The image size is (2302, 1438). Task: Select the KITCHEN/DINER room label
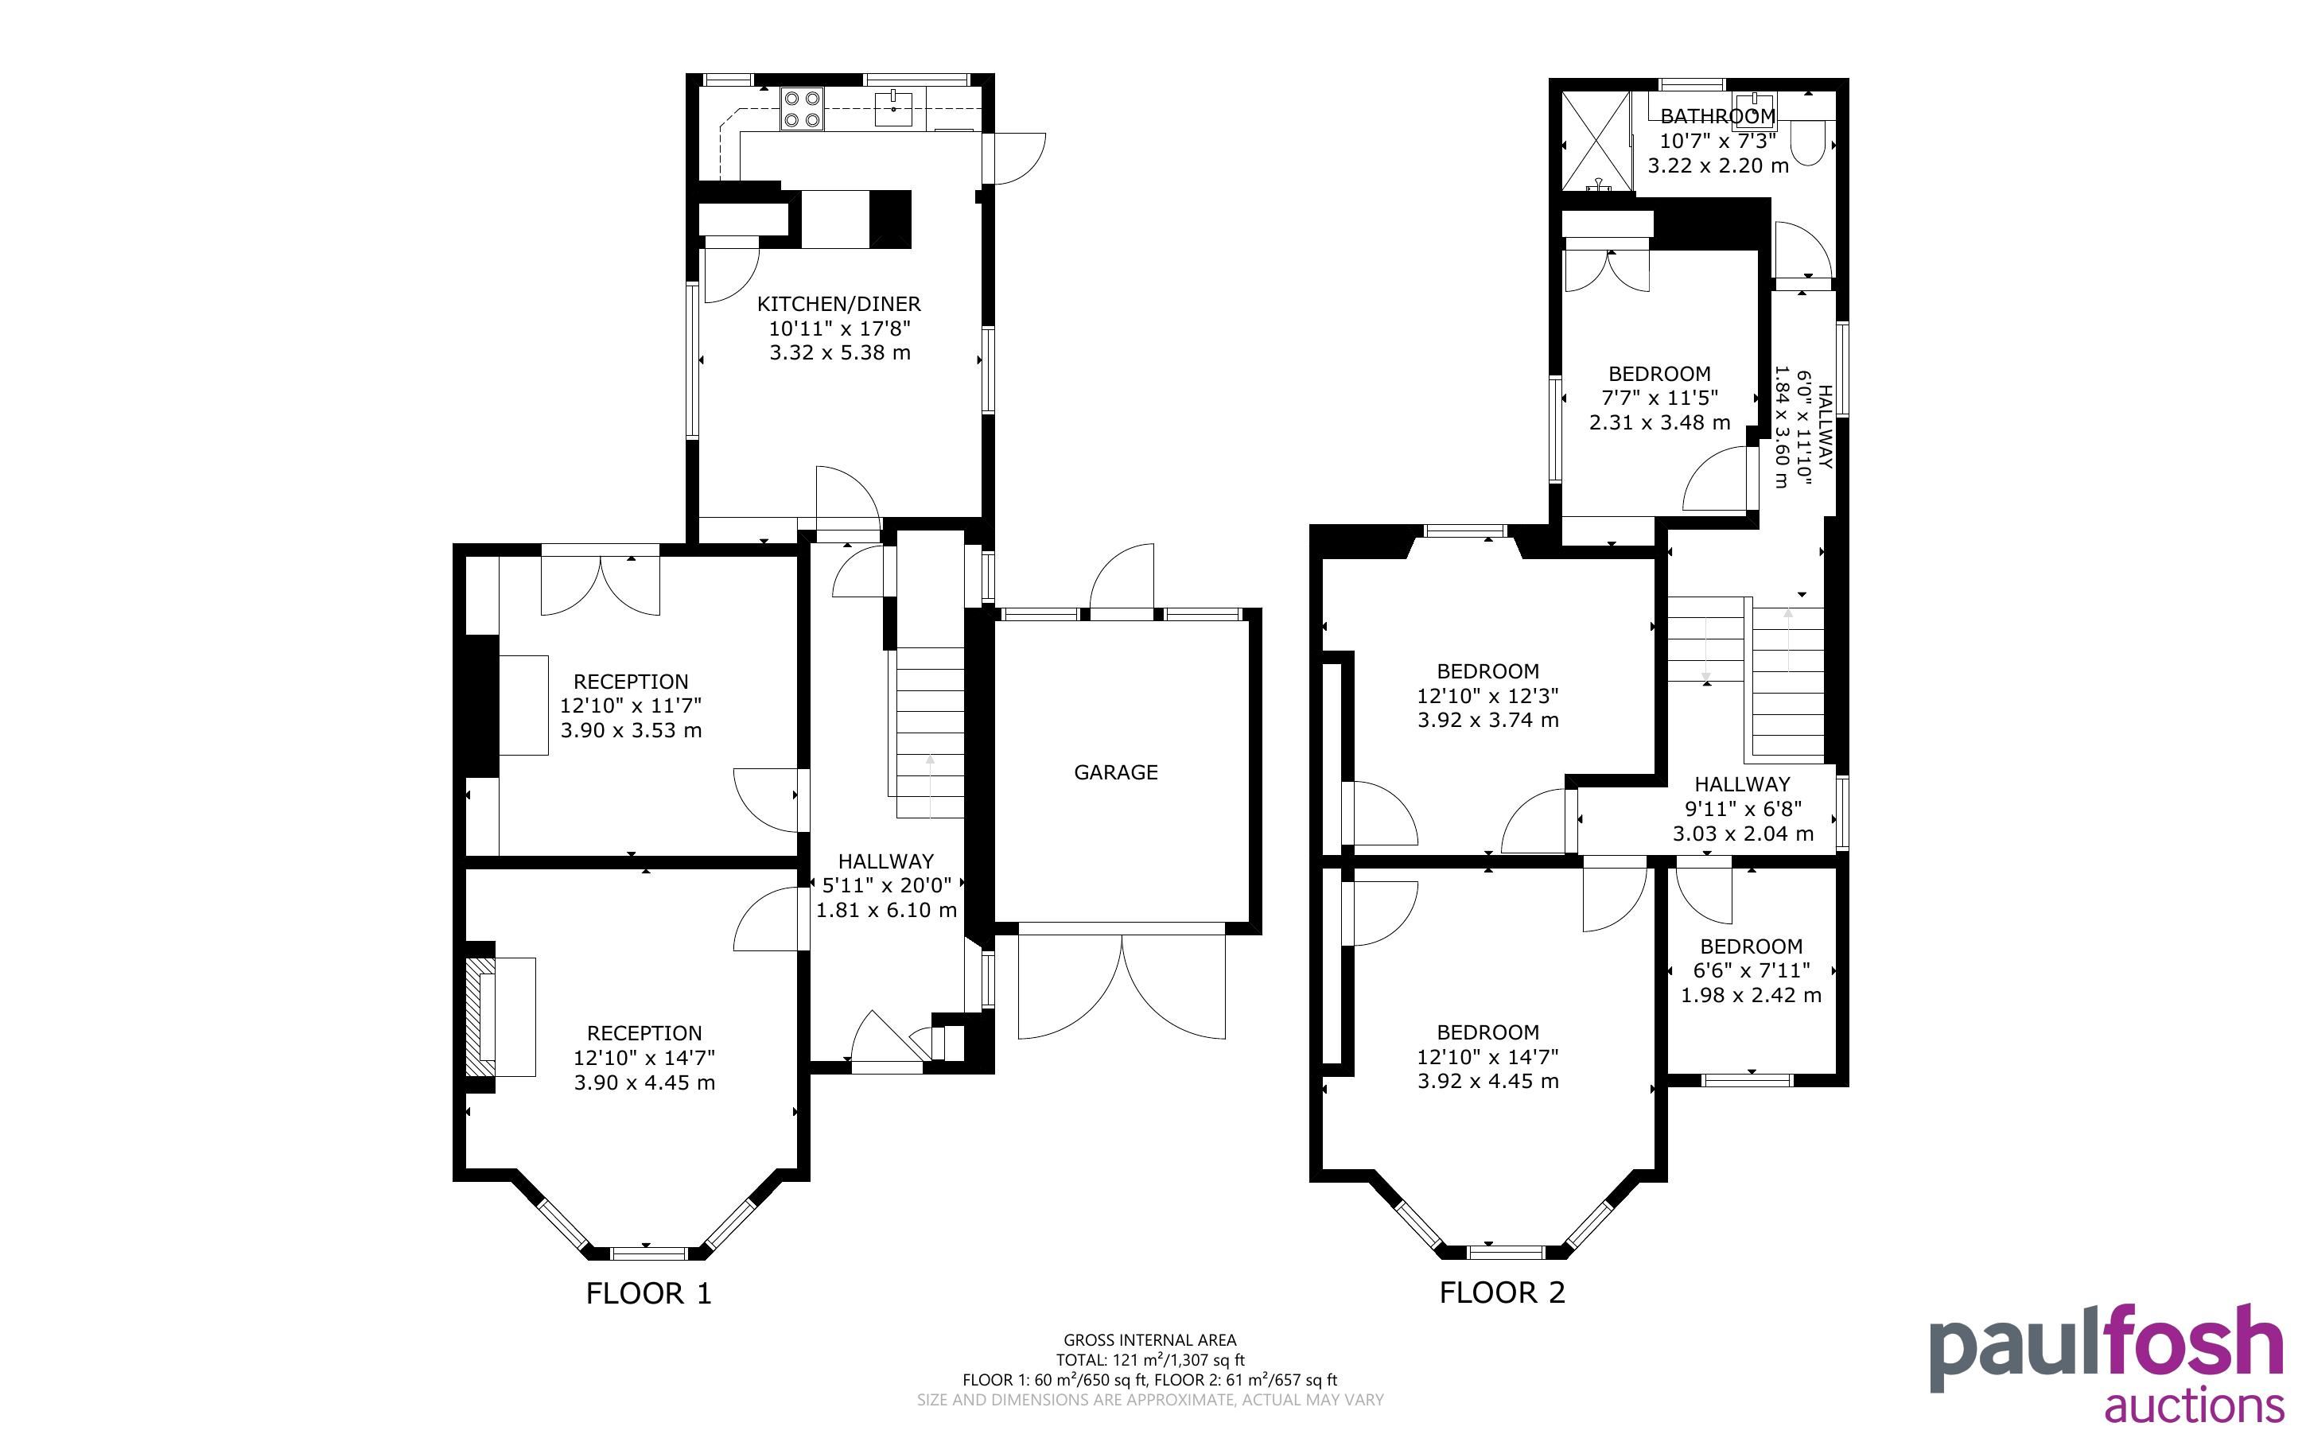[x=838, y=305]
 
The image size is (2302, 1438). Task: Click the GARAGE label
[x=1115, y=772]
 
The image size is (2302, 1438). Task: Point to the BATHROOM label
[x=1717, y=116]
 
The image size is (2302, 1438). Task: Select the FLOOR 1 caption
[x=648, y=1293]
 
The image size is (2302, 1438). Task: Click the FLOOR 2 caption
[x=1503, y=1292]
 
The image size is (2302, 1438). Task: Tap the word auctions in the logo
[x=2195, y=1405]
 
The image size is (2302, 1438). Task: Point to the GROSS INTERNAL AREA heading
[x=1149, y=1341]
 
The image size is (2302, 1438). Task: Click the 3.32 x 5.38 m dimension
[x=840, y=353]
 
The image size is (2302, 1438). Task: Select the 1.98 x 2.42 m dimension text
[x=1752, y=996]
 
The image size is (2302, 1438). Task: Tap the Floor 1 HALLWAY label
[x=886, y=861]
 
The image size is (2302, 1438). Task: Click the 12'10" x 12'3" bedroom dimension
[x=1488, y=696]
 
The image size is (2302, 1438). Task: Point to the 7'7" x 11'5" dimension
[x=1659, y=398]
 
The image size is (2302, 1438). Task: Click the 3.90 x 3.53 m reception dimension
[x=632, y=730]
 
